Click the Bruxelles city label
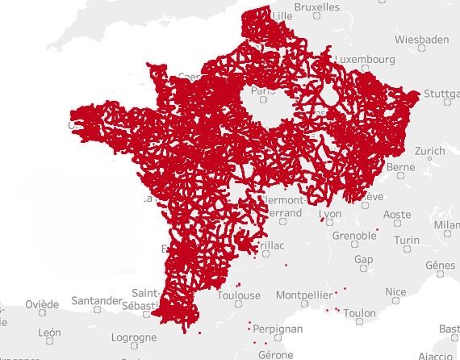pos(317,6)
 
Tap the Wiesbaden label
pos(422,39)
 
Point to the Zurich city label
pos(429,151)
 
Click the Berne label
pos(400,167)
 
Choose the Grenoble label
pos(353,236)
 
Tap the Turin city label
pos(408,240)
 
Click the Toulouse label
pos(239,295)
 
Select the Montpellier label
pos(303,295)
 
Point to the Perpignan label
pos(278,329)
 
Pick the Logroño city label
pos(132,337)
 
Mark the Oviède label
pos(41,304)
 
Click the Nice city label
pos(395,292)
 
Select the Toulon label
pos(359,313)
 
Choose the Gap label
pos(365,260)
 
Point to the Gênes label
pos(439,265)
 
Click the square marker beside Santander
pos(97,308)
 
